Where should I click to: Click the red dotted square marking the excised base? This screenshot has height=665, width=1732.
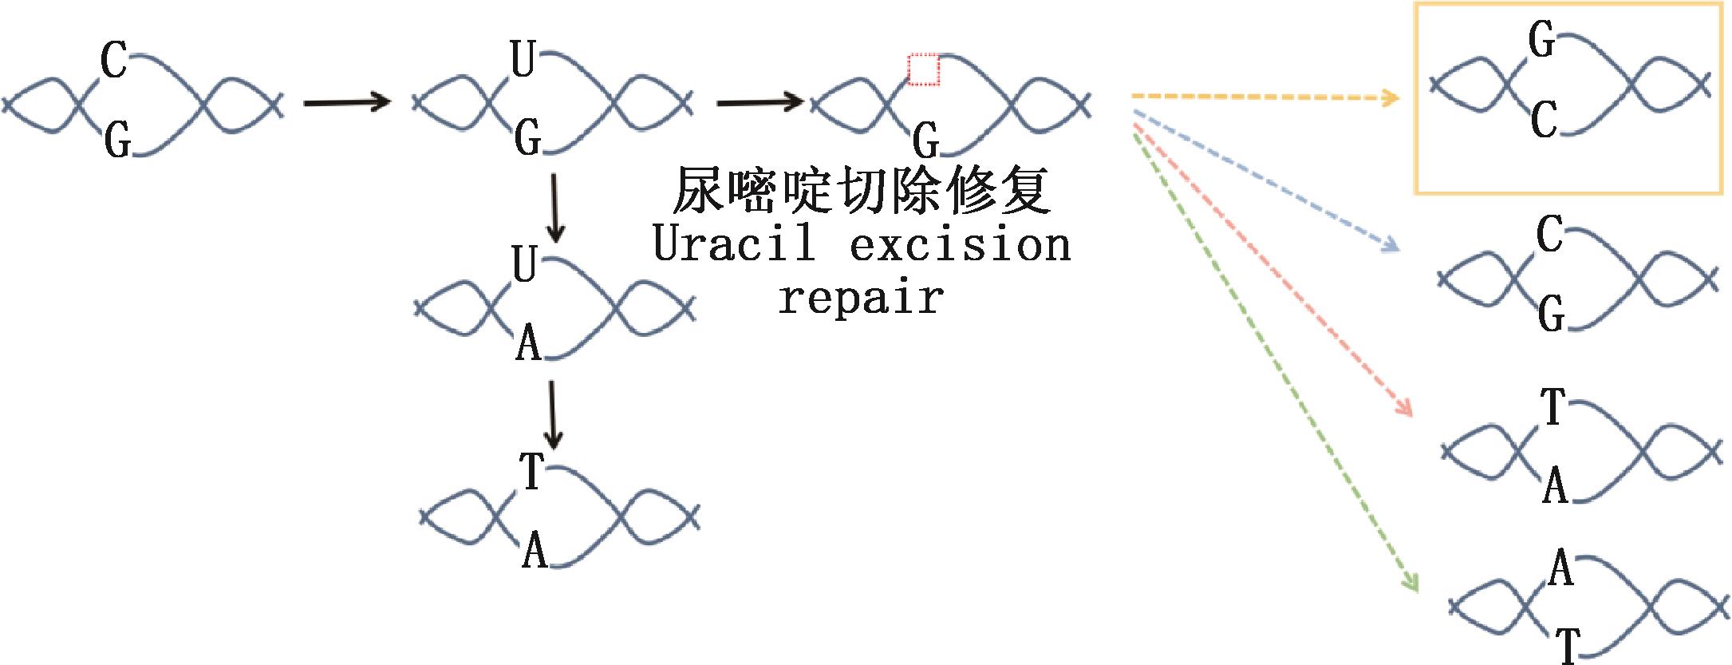[x=924, y=69]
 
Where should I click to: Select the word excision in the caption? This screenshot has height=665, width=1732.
[x=960, y=243]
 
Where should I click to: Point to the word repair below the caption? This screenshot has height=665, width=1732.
[x=861, y=298]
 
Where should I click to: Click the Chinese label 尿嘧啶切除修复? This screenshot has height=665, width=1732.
[x=861, y=191]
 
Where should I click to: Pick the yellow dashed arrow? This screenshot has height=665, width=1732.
[x=1264, y=97]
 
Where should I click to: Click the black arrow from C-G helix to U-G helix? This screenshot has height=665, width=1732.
[x=347, y=101]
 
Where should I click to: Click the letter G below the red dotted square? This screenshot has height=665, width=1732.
[x=925, y=142]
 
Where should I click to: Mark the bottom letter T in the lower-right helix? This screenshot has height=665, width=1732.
[x=1568, y=645]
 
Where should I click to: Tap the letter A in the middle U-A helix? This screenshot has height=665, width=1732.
[x=528, y=344]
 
